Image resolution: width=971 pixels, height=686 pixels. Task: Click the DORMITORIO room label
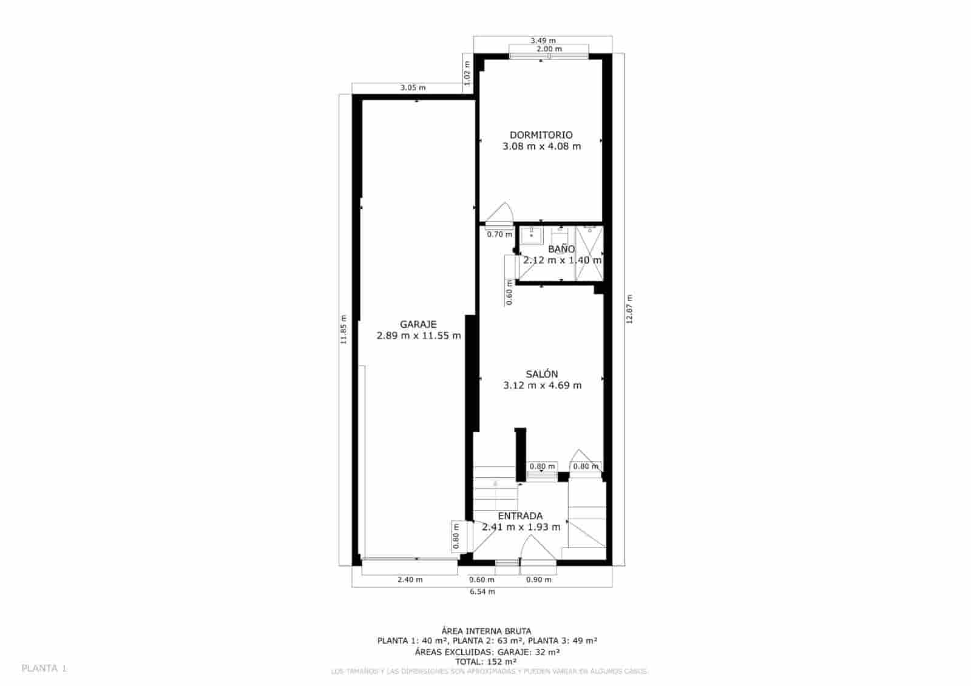541,135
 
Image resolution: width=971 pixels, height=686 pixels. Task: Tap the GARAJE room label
418,324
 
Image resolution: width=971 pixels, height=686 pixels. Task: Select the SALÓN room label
541,374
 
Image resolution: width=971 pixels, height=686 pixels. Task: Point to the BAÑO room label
561,249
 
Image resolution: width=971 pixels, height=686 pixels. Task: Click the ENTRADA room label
520,516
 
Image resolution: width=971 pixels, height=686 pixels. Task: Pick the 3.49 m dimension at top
543,41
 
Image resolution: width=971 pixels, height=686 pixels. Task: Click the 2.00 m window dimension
549,49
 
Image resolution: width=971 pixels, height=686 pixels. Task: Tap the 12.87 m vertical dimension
629,309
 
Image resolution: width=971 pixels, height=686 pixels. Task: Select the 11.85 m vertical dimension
343,330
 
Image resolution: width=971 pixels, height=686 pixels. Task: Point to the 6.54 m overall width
482,591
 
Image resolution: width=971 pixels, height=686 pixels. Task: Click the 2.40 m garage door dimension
410,580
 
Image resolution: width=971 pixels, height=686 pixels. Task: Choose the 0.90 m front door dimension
539,580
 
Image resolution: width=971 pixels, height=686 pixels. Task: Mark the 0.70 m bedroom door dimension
499,234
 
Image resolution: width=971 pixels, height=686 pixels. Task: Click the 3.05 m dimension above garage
413,87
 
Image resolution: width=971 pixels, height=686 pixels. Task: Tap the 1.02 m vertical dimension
467,73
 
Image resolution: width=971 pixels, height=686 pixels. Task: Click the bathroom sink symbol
532,236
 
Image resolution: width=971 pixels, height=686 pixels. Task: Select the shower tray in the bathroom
589,253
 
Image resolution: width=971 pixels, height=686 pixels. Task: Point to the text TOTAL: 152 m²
486,662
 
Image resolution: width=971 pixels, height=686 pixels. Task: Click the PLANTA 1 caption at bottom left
44,668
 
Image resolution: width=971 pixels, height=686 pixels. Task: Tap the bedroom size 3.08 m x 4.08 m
541,146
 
